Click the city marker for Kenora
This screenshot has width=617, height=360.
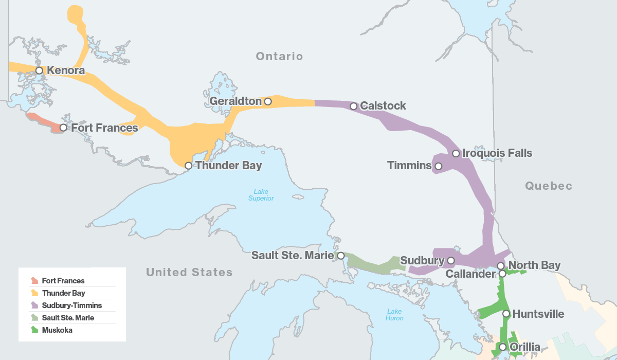coord(39,70)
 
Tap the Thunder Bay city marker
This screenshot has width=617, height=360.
coord(189,166)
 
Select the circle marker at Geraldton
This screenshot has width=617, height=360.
coord(268,101)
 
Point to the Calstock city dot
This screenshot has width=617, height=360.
coord(354,106)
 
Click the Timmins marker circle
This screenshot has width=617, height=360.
coord(439,166)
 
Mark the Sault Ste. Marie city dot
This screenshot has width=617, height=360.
coord(340,256)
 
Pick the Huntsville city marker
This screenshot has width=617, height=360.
coord(506,314)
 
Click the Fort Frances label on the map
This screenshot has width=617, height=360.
coord(104,128)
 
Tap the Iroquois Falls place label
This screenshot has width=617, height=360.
coord(497,153)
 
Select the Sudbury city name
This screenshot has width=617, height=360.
coord(422,261)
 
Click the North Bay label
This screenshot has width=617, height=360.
coord(534,265)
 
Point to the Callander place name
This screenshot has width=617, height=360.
coord(470,274)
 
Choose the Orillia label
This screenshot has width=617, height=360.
coord(525,347)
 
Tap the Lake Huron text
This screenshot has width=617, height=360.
coord(394,315)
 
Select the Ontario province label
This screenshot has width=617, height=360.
coord(280,57)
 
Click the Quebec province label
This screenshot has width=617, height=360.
coord(549,186)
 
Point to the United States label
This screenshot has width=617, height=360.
coord(189,273)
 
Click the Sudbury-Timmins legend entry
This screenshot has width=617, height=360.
coord(72,305)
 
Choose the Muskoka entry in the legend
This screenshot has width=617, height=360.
coord(57,330)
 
